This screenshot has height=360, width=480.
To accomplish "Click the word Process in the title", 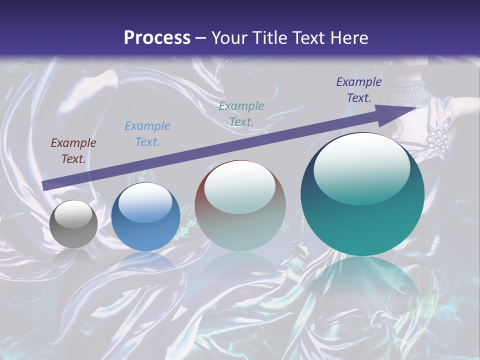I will [x=157, y=38].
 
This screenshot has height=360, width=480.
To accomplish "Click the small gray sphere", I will [x=73, y=224].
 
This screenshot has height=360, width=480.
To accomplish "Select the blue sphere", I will [x=145, y=216].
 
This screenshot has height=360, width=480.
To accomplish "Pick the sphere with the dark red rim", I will [x=240, y=205].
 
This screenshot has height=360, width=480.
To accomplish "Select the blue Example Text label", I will [x=147, y=134].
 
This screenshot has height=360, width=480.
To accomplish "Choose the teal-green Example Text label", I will [x=241, y=113].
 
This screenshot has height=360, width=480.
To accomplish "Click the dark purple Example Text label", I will [x=358, y=90].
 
